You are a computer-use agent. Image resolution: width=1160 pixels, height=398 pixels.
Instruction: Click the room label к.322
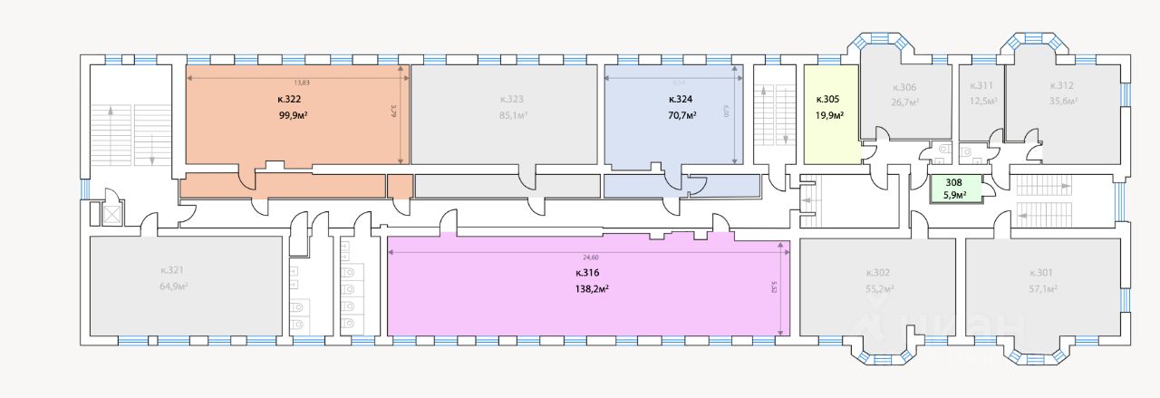(x=289, y=99)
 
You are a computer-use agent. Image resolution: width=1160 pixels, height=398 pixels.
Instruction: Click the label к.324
(x=681, y=99)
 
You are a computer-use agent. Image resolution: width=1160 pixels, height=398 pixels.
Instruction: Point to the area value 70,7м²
(x=681, y=115)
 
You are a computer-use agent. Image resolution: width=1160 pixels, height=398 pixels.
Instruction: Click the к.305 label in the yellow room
(x=827, y=99)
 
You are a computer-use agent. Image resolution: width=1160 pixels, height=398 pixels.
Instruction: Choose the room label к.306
(x=904, y=88)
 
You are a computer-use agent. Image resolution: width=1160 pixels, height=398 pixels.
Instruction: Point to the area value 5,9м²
(x=954, y=194)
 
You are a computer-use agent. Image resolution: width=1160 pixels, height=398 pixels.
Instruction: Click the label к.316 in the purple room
(x=587, y=273)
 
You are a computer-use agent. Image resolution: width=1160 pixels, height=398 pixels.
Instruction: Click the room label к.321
(x=171, y=270)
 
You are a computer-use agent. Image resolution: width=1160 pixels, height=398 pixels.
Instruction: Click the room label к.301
(x=1041, y=273)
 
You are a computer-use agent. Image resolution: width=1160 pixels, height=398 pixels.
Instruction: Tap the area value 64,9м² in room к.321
(x=172, y=286)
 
